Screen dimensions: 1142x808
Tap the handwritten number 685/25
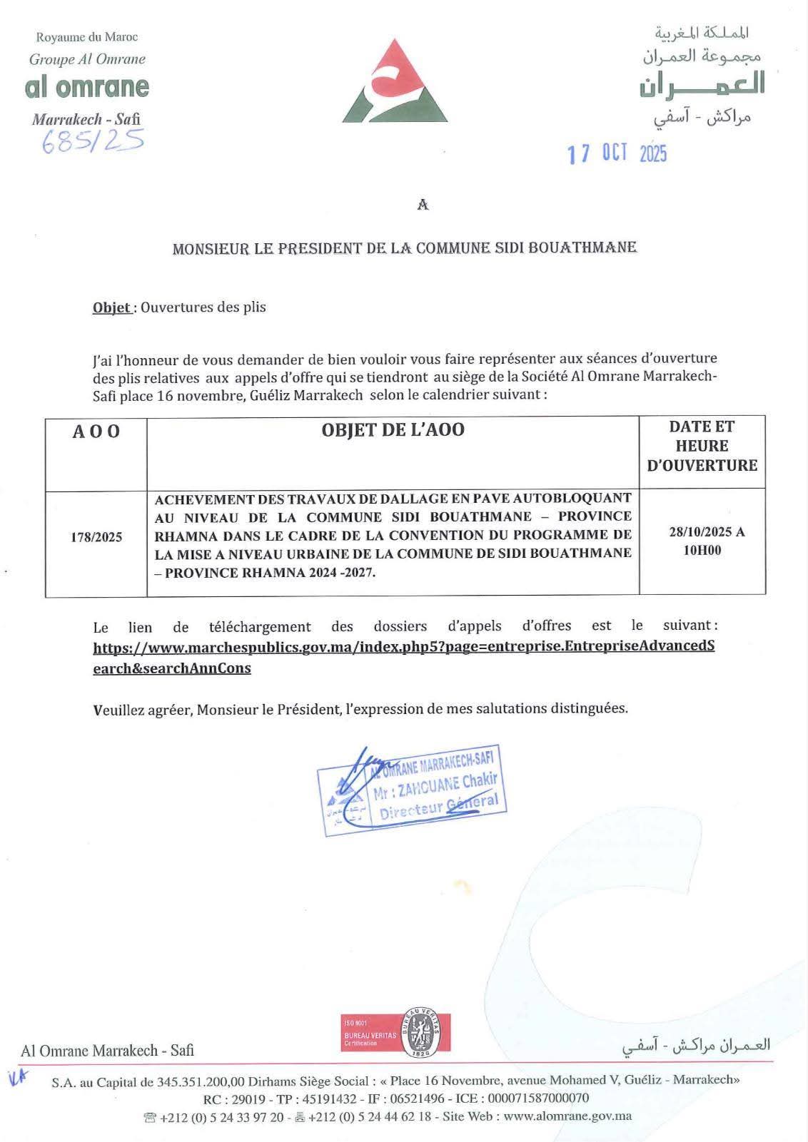(x=93, y=140)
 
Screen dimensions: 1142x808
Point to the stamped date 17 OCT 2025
(x=617, y=153)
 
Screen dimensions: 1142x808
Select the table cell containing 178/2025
(x=96, y=537)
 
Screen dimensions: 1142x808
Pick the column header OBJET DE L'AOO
(x=393, y=430)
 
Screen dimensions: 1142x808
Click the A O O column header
(x=96, y=432)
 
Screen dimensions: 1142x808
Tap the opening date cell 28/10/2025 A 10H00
(x=702, y=541)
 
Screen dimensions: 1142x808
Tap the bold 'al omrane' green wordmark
(x=87, y=87)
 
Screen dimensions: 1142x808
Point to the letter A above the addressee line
(x=423, y=205)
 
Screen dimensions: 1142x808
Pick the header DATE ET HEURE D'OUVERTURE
(x=702, y=446)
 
